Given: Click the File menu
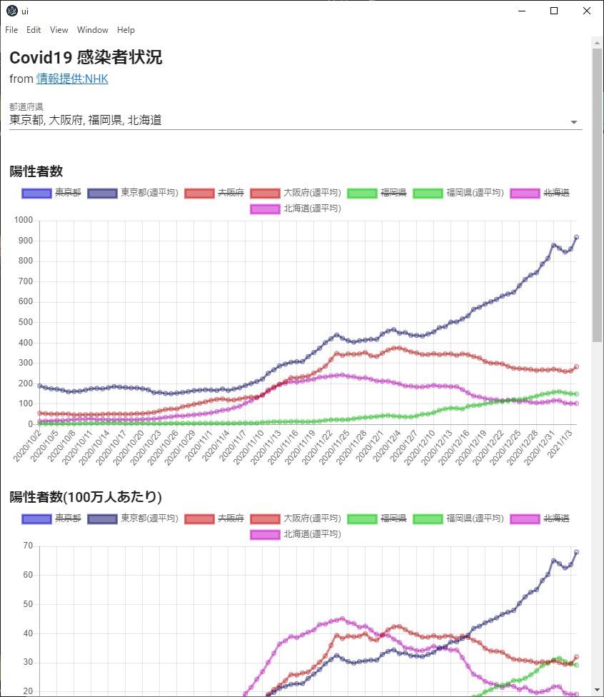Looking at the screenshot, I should pos(11,30).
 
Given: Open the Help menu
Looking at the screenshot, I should pos(126,30).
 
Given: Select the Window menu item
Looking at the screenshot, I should pos(93,30).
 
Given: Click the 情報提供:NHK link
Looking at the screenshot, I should pos(72,79).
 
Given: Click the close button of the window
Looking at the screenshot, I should pos(587,11).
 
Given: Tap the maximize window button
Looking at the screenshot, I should pos(554,11).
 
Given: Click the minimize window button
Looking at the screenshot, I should pos(521,11).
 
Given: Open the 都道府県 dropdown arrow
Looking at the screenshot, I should pos(574,122).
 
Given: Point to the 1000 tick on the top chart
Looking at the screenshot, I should pos(23,221).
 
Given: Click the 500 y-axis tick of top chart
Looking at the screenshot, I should pos(25,322).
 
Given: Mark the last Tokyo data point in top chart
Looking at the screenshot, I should pos(576,237).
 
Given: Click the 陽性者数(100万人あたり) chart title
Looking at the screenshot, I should pos(86,496).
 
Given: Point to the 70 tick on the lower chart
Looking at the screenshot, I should pos(28,546).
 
